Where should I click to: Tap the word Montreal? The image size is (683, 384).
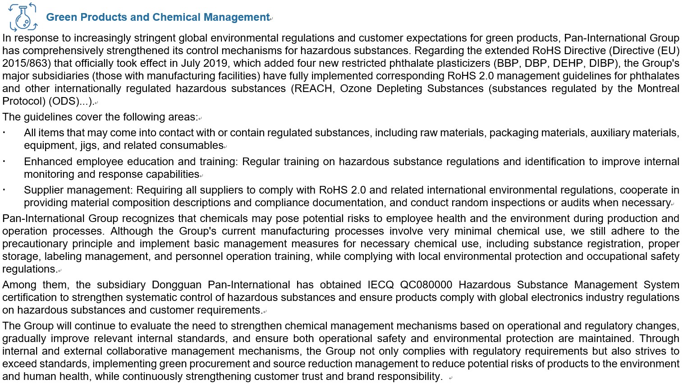[658, 88]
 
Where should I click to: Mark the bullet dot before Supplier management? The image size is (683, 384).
[4, 190]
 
